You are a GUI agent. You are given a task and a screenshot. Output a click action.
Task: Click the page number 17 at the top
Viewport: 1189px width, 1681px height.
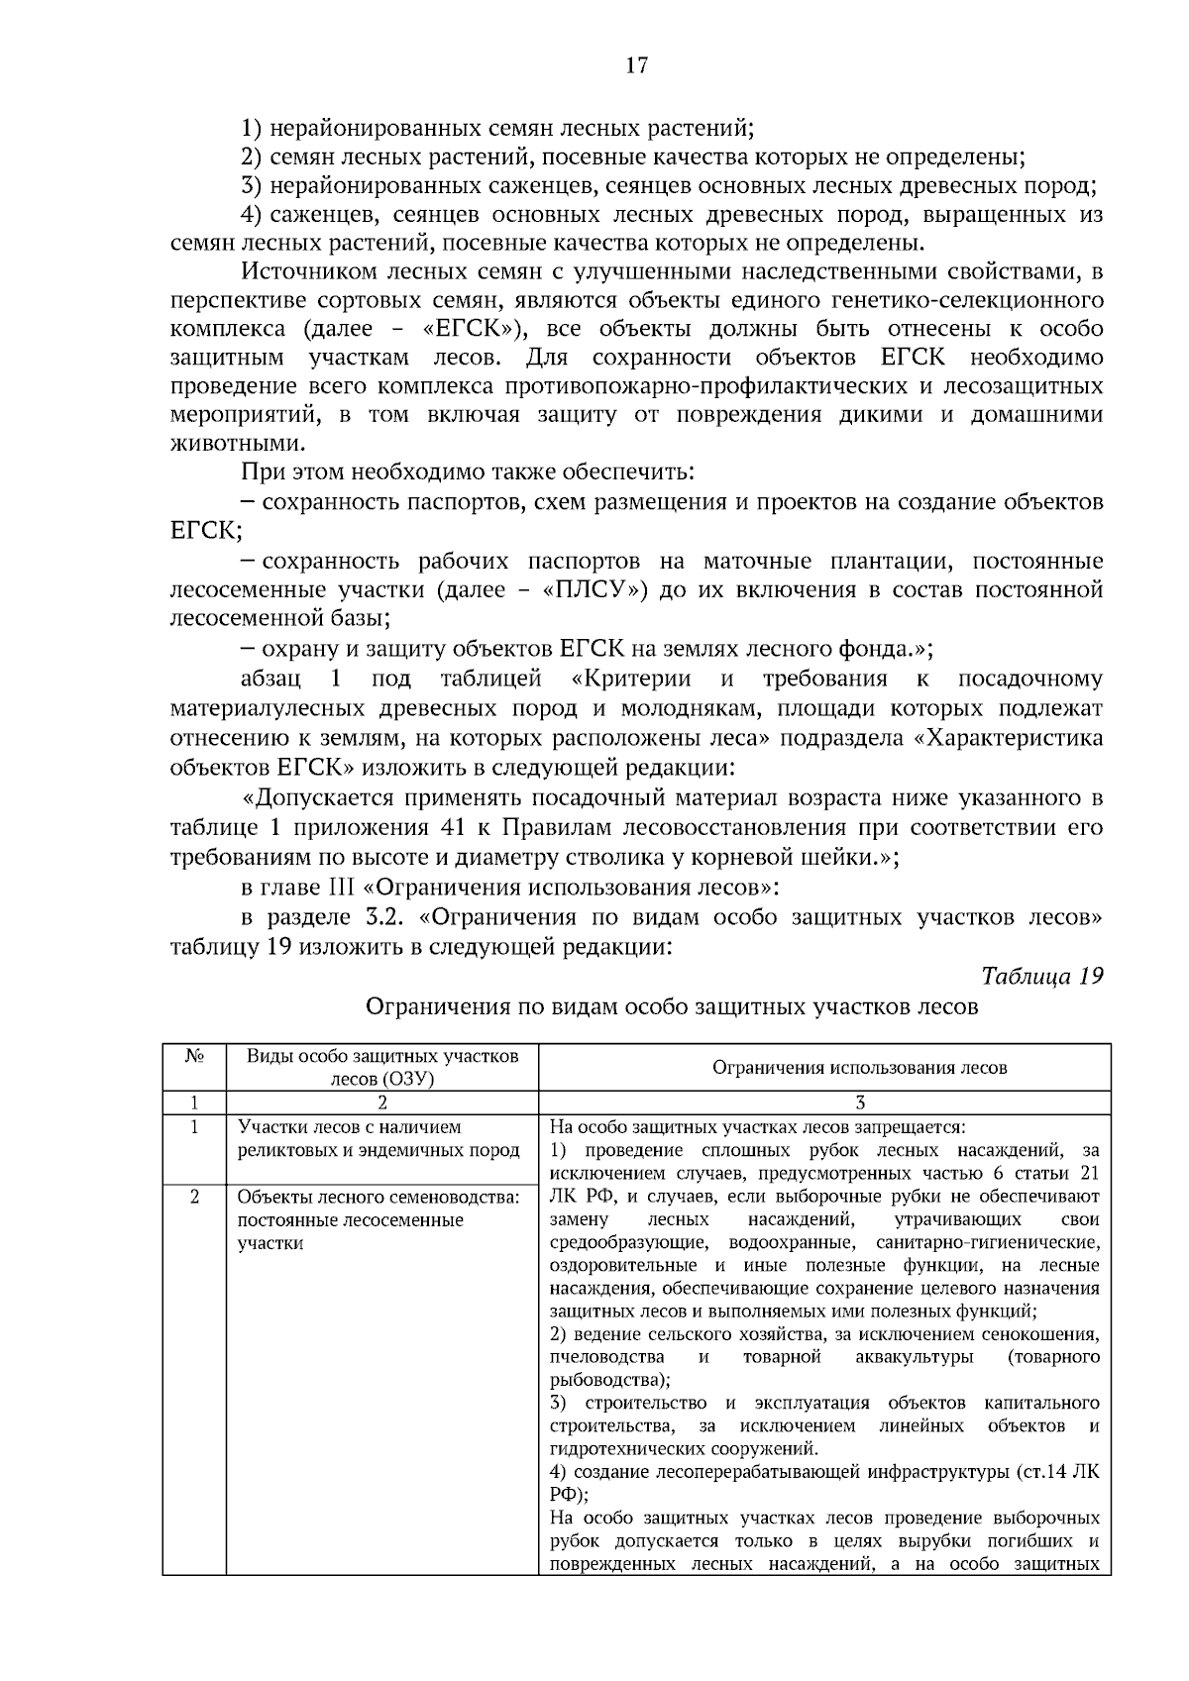coord(636,65)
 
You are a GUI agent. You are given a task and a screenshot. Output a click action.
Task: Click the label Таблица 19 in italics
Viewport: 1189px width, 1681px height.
coord(1041,976)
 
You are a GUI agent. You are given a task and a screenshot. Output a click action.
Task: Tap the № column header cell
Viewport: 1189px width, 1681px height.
coord(194,1056)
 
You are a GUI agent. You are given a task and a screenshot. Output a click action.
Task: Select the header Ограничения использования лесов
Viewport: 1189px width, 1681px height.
coord(859,1067)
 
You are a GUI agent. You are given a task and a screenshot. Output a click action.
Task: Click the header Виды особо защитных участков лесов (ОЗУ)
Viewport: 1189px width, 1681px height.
coord(381,1067)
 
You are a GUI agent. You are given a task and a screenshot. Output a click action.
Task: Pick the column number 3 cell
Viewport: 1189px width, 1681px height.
coord(859,1103)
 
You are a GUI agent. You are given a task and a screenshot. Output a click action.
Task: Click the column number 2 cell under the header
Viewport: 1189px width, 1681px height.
coord(381,1103)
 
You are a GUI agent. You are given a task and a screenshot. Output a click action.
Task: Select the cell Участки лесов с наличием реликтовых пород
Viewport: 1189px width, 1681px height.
coord(378,1139)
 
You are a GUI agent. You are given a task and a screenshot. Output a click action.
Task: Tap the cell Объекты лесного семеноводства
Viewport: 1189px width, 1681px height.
coord(378,1219)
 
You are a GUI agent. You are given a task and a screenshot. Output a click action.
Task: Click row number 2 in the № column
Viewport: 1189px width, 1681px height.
coord(194,1197)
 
